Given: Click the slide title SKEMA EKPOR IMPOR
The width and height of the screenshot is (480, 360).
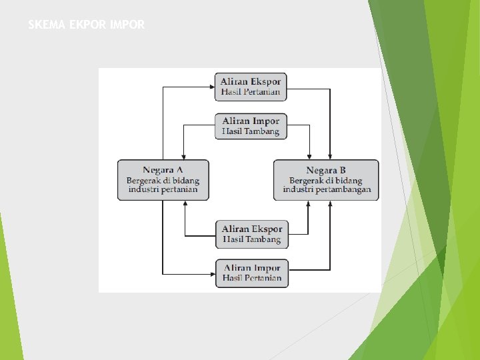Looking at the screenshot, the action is [86, 25].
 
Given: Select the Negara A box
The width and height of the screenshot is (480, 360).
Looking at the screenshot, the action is [163, 180].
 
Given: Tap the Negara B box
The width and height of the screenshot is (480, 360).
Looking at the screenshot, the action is [326, 180].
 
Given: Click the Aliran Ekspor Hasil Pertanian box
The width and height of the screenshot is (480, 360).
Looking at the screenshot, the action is [251, 87].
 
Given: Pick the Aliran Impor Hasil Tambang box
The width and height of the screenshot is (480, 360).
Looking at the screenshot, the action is [251, 126].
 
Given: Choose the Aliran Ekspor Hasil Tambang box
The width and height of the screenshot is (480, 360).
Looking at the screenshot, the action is [252, 233].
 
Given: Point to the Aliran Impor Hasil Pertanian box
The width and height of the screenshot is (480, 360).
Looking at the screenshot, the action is [252, 273].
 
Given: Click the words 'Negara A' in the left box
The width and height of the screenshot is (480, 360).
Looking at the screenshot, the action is [163, 170].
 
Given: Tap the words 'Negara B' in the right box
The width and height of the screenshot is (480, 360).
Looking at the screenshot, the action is [326, 170].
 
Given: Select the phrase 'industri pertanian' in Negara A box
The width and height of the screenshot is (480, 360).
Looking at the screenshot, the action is [163, 190].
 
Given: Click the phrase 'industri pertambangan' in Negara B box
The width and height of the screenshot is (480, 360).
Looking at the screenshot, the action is [327, 190].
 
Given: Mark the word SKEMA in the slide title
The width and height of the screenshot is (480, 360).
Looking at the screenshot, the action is [47, 25].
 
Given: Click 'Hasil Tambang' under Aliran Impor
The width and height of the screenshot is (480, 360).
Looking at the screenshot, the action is [251, 132].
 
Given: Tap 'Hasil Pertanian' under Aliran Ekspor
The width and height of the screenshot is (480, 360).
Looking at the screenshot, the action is [251, 92].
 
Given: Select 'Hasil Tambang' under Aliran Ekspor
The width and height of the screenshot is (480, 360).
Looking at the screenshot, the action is [252, 239].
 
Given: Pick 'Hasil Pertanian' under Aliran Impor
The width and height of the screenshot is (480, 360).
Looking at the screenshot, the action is [252, 278].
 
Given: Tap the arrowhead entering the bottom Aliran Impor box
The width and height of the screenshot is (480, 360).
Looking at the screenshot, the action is [211, 273].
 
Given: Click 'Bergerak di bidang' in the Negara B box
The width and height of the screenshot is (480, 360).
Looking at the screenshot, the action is [326, 180].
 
